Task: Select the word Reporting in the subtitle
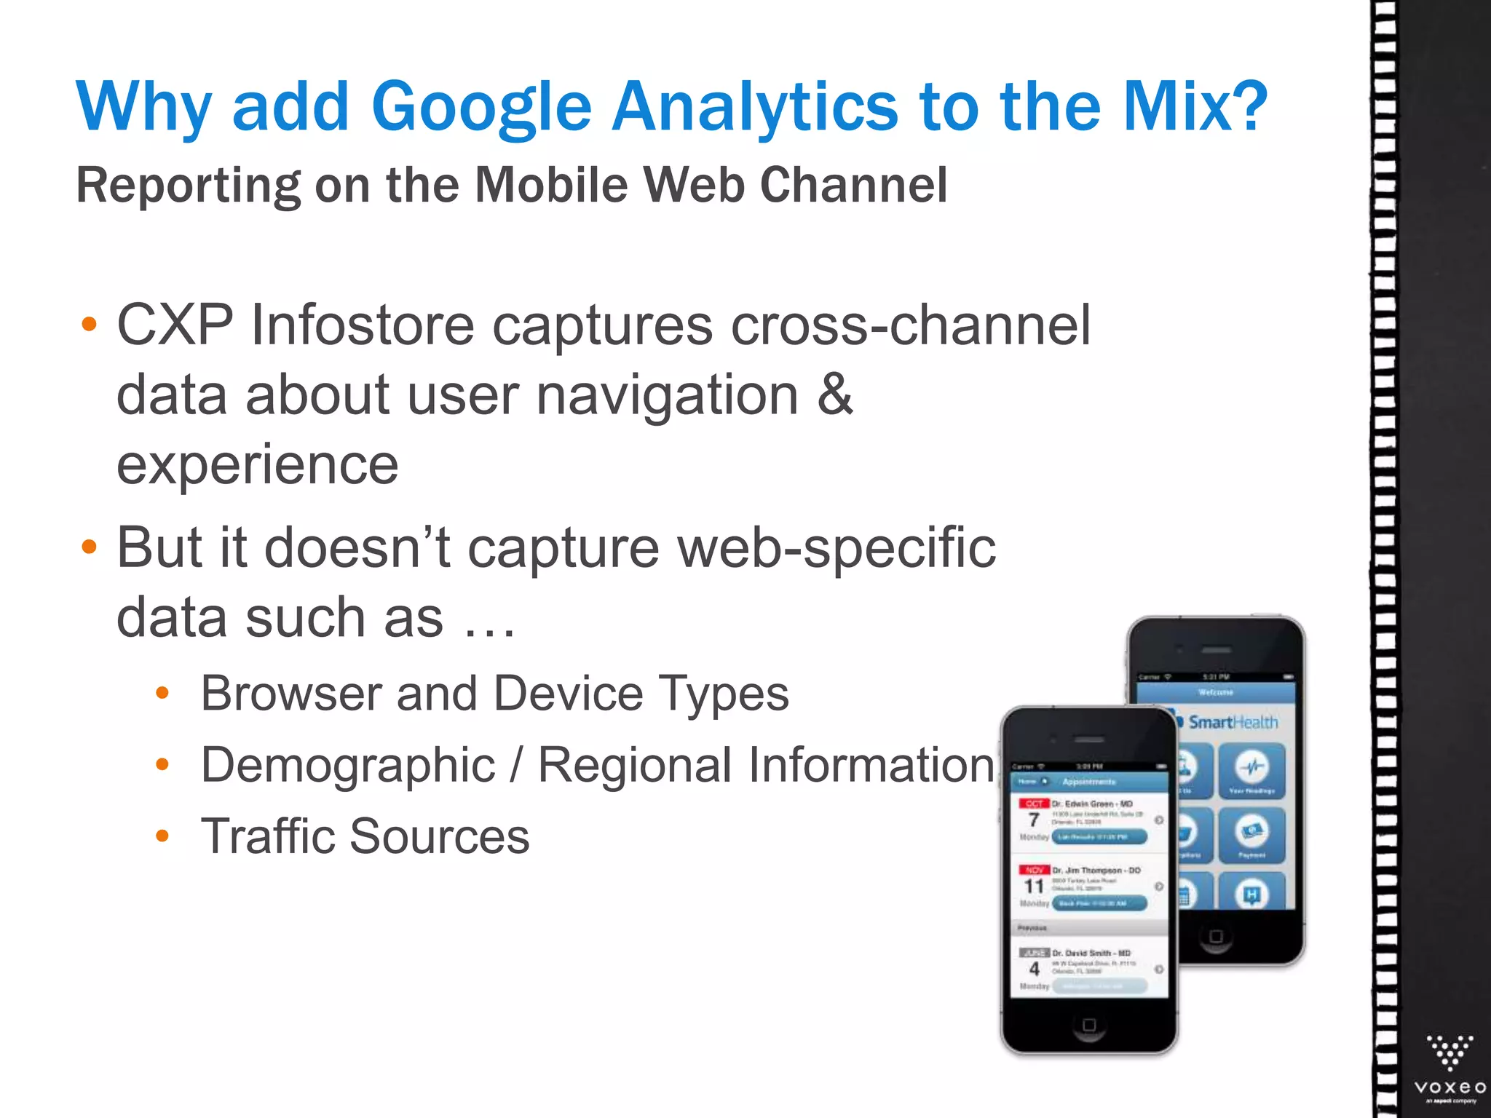click(x=188, y=186)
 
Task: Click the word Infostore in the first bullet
click(x=362, y=325)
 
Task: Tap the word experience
click(x=258, y=464)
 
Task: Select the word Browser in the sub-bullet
click(x=290, y=693)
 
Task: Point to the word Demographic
click(x=348, y=765)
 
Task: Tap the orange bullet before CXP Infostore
click(x=89, y=324)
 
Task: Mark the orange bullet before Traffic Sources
click(x=162, y=836)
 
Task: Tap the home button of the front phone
click(x=1089, y=1025)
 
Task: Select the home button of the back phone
click(x=1216, y=936)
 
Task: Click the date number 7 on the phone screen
click(x=1034, y=820)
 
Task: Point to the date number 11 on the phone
click(x=1034, y=887)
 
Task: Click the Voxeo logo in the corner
click(x=1450, y=1066)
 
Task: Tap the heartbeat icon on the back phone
click(x=1252, y=766)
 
